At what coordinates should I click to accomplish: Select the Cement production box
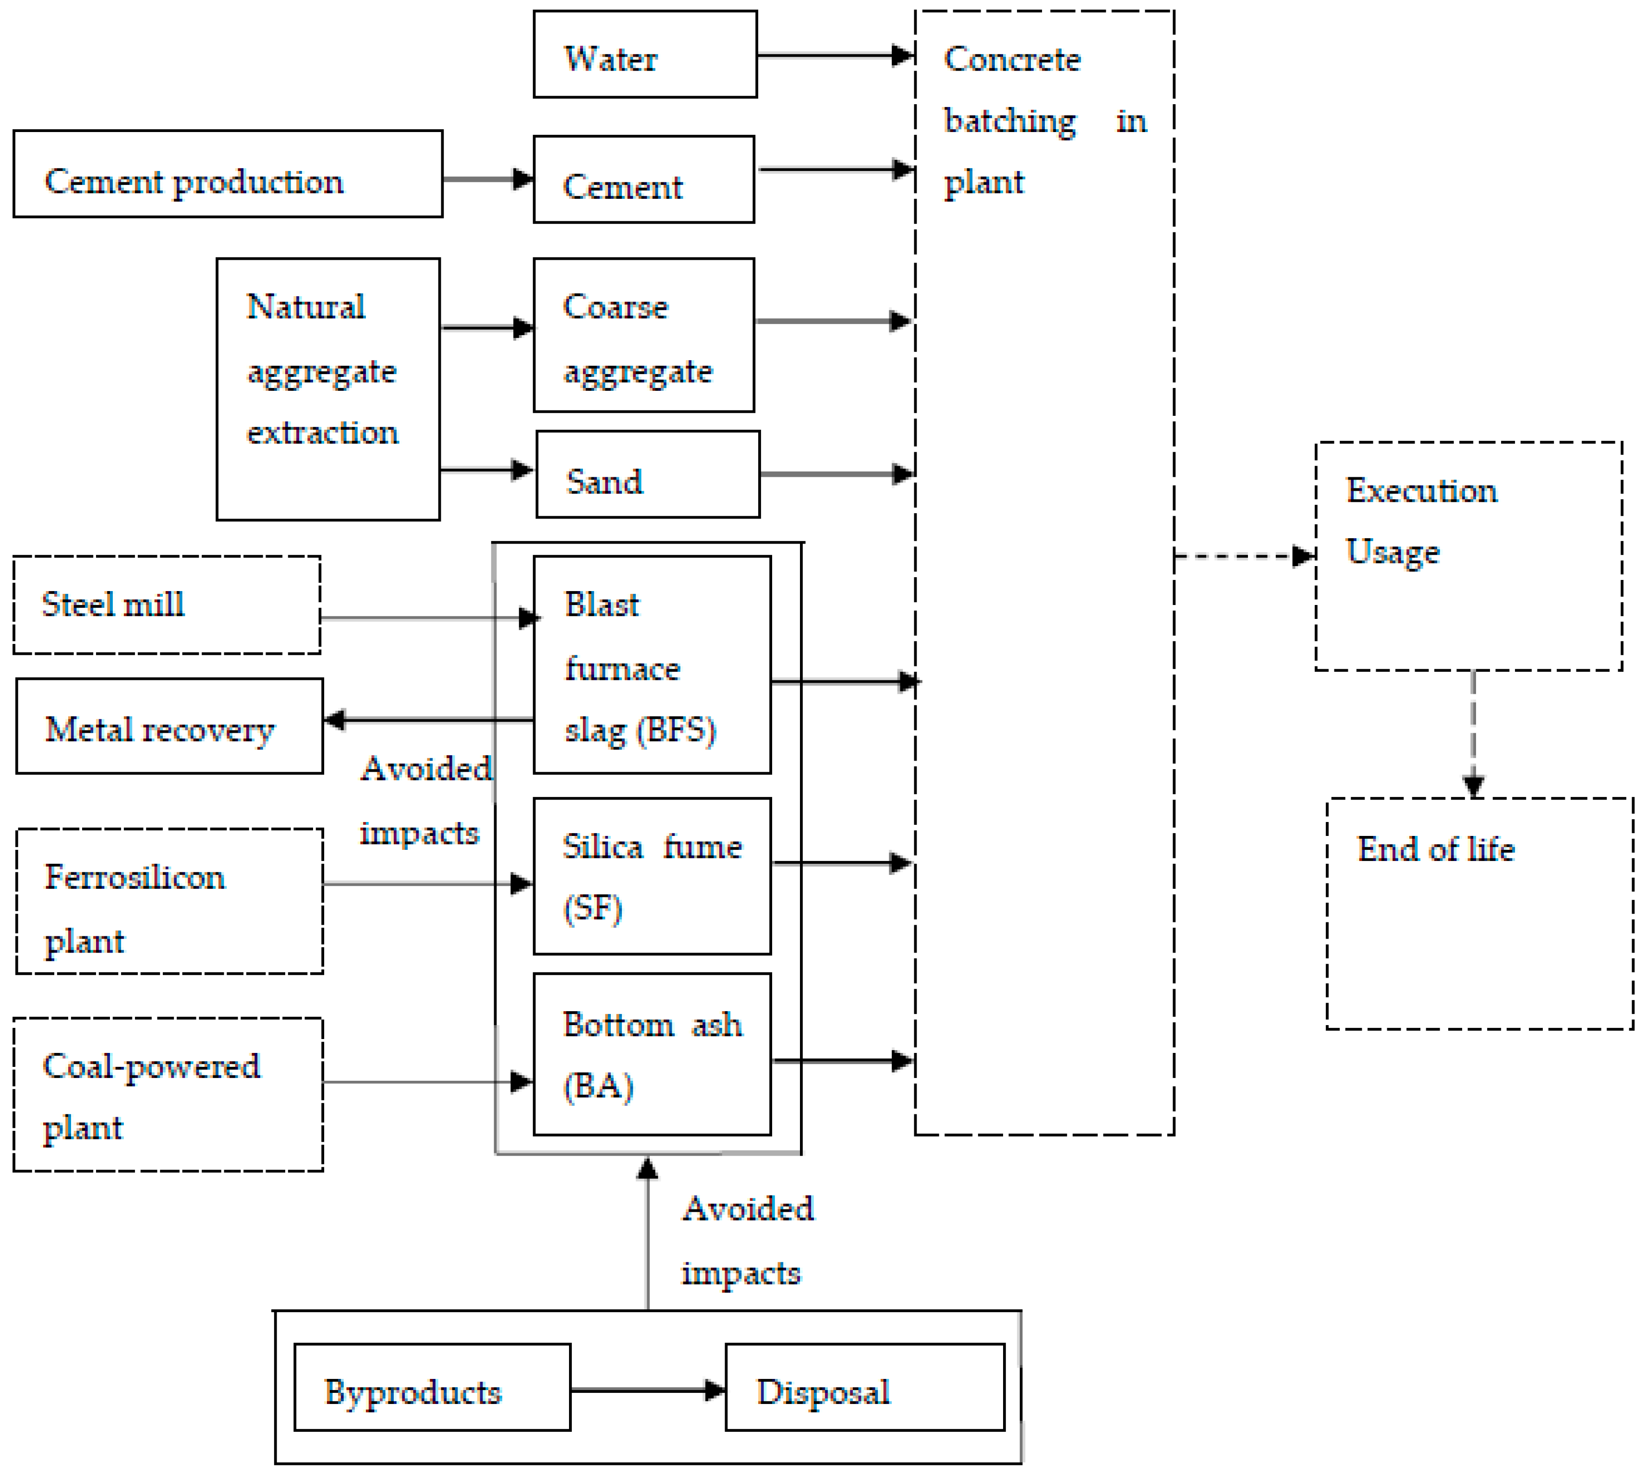[228, 174]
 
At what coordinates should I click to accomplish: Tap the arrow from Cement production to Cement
[486, 179]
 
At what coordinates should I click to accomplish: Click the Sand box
[648, 475]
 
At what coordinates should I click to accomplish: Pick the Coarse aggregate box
[643, 336]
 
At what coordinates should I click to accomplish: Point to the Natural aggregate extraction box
[328, 389]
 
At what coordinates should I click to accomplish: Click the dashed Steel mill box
[167, 605]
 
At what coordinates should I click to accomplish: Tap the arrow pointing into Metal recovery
[422, 720]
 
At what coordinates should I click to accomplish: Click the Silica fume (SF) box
[652, 877]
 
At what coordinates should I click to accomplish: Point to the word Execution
[1421, 491]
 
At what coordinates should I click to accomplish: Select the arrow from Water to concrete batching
[835, 56]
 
